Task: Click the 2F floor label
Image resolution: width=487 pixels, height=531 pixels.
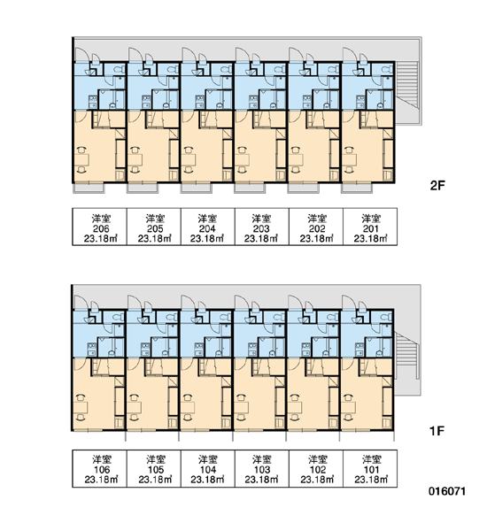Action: click(437, 185)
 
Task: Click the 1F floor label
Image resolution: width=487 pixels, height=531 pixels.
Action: click(437, 431)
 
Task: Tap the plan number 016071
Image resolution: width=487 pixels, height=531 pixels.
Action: click(447, 491)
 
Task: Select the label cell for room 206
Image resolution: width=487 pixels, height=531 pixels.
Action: click(100, 227)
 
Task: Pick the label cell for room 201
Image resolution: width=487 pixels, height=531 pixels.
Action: click(370, 227)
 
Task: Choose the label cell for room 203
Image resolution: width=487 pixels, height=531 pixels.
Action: click(261, 227)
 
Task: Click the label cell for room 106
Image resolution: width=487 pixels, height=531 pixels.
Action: click(100, 469)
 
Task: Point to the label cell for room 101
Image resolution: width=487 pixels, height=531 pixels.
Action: click(370, 469)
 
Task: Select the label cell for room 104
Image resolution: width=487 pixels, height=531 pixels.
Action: click(208, 469)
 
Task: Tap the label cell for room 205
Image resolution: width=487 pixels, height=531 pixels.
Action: click(154, 227)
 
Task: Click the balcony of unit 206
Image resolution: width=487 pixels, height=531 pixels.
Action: click(89, 189)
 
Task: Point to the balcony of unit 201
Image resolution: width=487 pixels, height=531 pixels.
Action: click(357, 189)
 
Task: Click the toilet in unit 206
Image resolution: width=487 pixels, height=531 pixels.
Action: click(120, 70)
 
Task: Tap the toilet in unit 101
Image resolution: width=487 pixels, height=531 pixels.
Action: click(387, 318)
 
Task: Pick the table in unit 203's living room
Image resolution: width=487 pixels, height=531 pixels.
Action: click(242, 159)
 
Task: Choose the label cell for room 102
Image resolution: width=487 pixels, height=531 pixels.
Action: click(316, 469)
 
